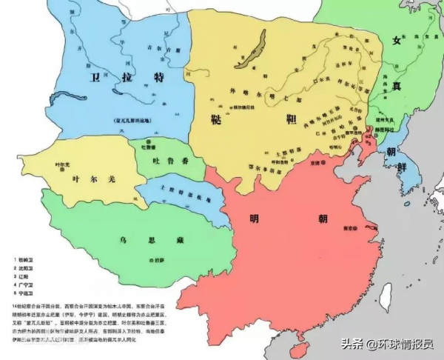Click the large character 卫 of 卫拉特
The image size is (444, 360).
(x=95, y=77)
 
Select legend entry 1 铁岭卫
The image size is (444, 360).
(x=28, y=261)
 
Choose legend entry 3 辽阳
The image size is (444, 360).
(x=27, y=276)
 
